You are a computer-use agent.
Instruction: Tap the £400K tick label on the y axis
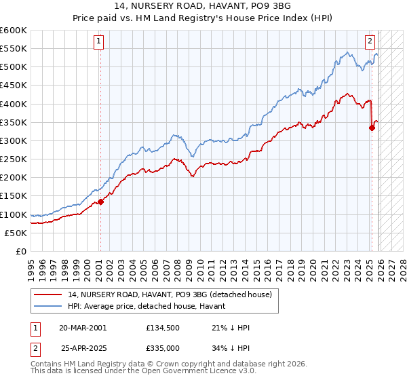14,104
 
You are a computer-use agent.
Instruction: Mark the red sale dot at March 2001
100,202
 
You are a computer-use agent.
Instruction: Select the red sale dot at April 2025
372,128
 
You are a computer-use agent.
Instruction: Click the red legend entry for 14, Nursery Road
170,294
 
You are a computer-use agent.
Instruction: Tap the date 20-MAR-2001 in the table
83,327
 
